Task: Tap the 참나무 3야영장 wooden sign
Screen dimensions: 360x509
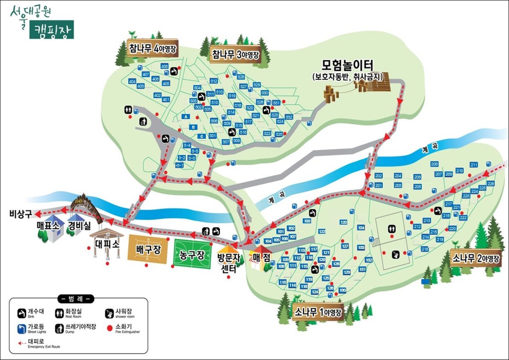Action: coord(235,54)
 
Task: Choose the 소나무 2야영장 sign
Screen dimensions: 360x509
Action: coord(476,258)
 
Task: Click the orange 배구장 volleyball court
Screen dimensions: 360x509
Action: coord(148,249)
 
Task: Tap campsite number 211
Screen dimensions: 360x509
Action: coord(474,165)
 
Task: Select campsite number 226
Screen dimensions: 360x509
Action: coord(491,184)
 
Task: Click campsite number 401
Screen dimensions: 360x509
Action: coord(166,100)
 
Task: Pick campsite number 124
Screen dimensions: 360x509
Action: coord(315,292)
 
